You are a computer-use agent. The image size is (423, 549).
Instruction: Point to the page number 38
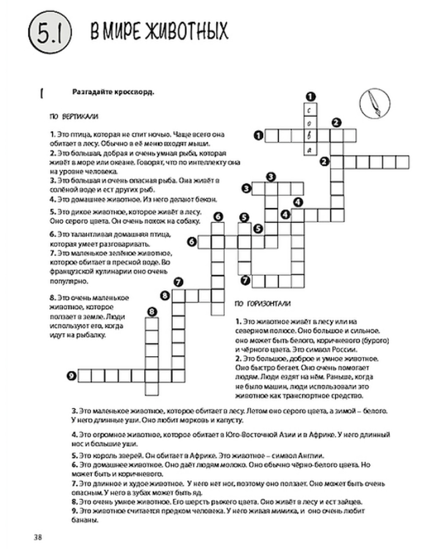click(38, 537)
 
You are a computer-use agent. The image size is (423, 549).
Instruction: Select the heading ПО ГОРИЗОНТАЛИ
click(262, 304)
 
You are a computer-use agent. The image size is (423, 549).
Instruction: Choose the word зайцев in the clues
click(349, 502)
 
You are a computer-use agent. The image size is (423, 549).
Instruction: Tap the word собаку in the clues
click(189, 221)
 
